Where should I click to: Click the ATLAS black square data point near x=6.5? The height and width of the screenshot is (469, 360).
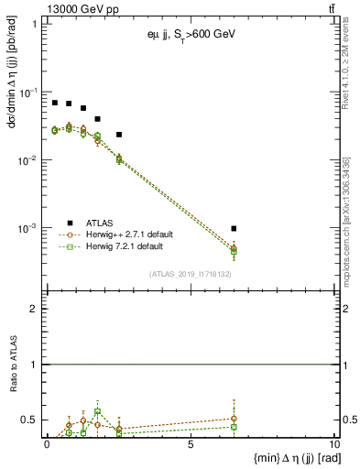click(235, 228)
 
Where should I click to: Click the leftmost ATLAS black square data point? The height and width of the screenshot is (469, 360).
click(55, 103)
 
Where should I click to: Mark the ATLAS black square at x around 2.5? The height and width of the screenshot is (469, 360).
click(119, 135)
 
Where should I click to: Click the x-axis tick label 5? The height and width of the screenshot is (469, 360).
click(190, 445)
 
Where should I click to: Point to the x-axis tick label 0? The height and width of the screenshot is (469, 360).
click(48, 445)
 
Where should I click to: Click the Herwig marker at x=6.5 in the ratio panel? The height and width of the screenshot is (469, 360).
click(235, 427)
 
